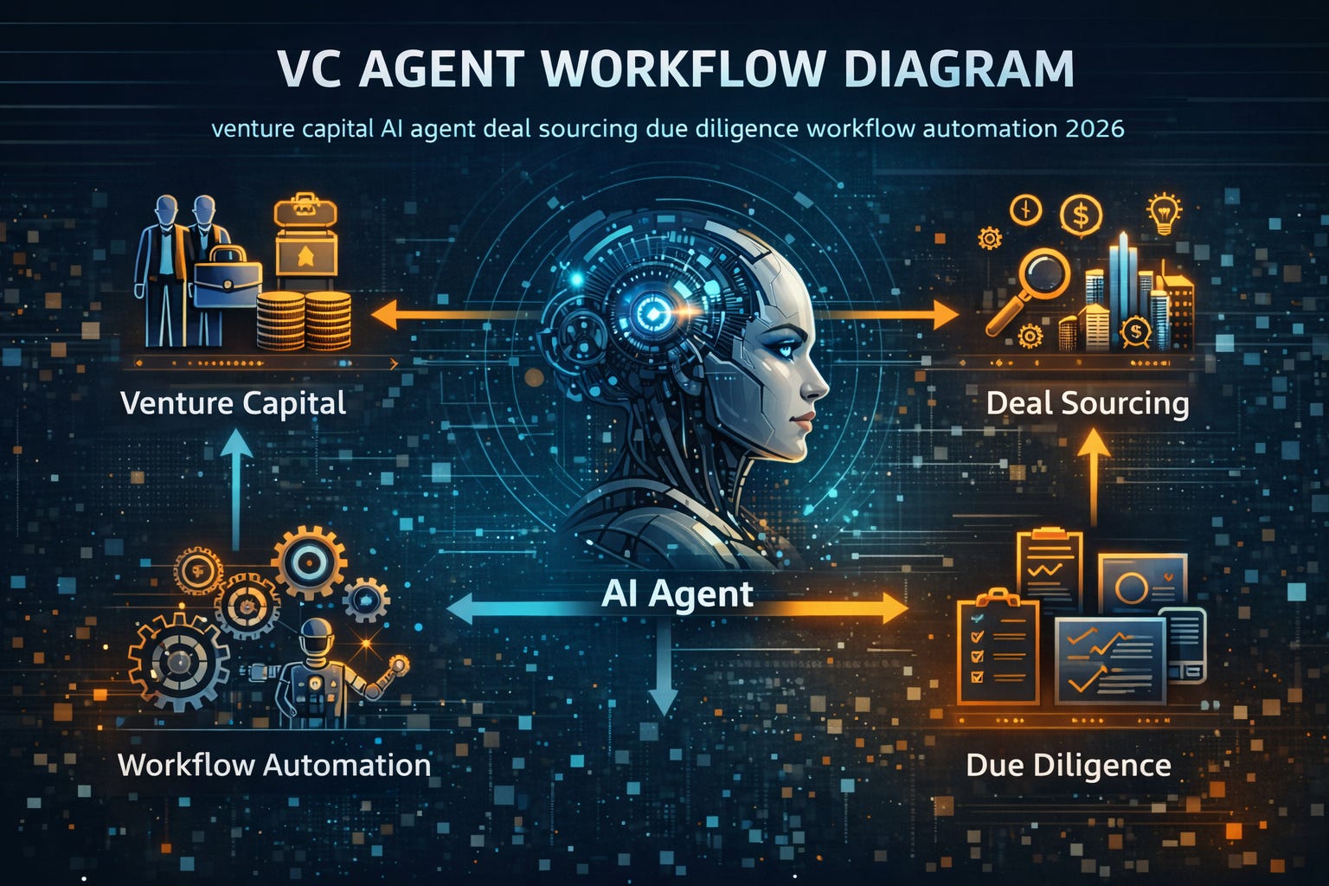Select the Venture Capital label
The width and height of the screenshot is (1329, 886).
tap(233, 403)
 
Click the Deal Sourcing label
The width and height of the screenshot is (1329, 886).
tap(1088, 403)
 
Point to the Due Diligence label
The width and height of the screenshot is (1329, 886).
tap(1068, 765)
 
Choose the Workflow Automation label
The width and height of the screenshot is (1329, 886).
tap(273, 765)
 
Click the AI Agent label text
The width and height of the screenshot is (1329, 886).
tap(677, 594)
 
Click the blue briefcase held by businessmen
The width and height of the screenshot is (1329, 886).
tap(227, 279)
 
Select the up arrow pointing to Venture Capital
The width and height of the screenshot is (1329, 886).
tap(236, 485)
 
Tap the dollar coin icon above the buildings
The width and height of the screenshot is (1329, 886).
tap(1081, 214)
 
